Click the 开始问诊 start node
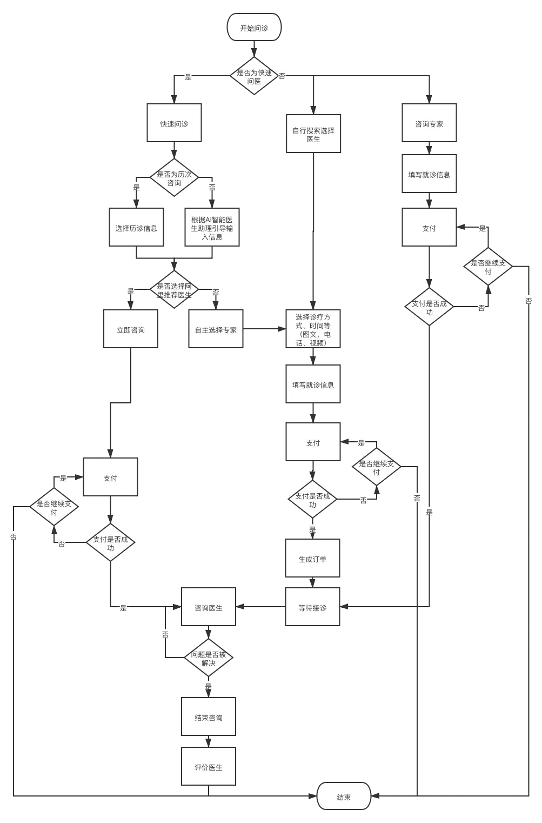[x=254, y=28]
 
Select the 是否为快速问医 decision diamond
[x=254, y=76]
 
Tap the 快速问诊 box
[x=174, y=123]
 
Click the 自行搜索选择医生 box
[x=313, y=134]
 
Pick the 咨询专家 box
[x=429, y=123]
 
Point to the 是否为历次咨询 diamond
[x=174, y=178]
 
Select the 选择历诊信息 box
[x=136, y=228]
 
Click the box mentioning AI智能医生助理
[x=212, y=228]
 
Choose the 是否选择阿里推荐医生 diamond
[x=174, y=290]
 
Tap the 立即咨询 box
[x=131, y=329]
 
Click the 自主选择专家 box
[x=216, y=329]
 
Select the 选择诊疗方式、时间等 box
[x=313, y=329]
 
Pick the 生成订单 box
[x=312, y=559]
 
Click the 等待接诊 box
[x=312, y=607]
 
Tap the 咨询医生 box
[x=209, y=607]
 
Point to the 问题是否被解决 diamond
[x=209, y=658]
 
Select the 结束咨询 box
[x=209, y=717]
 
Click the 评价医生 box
[x=209, y=766]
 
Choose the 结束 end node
[x=344, y=796]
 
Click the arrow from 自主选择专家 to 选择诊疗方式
[x=264, y=329]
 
